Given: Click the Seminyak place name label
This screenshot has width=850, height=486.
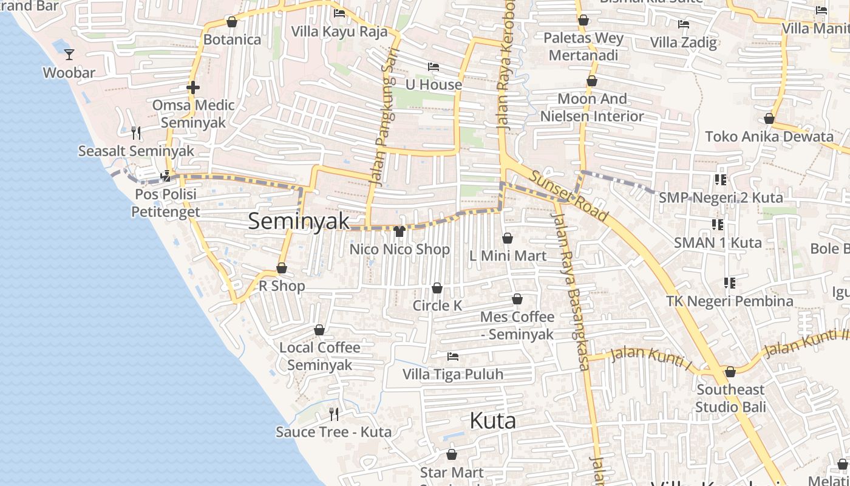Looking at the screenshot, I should (299, 221).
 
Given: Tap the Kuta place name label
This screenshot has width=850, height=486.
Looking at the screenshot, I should (493, 420).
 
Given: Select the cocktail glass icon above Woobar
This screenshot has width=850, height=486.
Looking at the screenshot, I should (69, 55).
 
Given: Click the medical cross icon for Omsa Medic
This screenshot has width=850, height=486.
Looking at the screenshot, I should (193, 87).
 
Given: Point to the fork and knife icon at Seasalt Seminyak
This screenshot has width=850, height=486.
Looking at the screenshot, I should (136, 132).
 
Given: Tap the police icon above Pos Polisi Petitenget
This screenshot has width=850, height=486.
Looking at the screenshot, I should (165, 177).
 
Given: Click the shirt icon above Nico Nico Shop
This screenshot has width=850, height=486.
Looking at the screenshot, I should (399, 231).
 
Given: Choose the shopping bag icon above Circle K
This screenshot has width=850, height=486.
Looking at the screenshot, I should (437, 288).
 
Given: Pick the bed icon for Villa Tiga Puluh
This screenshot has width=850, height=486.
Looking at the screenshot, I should (452, 356).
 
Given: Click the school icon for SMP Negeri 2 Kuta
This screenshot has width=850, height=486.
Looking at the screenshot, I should (721, 180).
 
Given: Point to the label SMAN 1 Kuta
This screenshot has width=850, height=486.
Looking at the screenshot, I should (718, 243).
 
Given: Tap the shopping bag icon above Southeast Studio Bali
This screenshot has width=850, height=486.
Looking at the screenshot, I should (730, 372).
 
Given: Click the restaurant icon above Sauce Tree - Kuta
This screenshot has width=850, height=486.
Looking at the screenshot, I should (334, 414).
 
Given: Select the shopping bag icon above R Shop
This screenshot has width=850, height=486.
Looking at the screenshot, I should (282, 268).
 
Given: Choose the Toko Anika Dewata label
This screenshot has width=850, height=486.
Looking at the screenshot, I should (769, 136).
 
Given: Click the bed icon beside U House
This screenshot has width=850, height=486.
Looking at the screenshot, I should (433, 67).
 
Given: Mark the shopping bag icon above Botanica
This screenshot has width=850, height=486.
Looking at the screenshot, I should (232, 22).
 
